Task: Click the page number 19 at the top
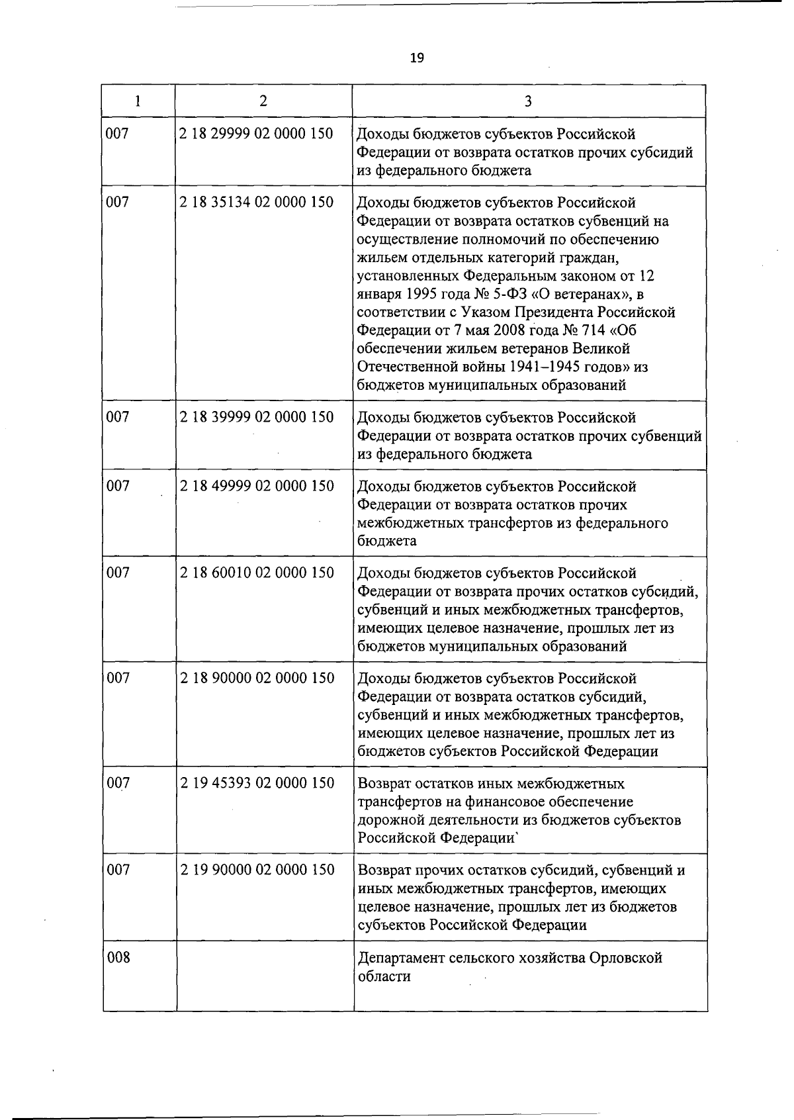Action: tap(417, 58)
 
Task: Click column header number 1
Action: tap(138, 101)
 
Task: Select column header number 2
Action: tap(263, 101)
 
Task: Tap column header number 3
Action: tap(528, 101)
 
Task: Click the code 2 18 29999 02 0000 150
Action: tap(256, 134)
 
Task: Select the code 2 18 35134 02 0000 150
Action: tap(256, 203)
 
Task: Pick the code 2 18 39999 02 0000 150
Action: tap(257, 417)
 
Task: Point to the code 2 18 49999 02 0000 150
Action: tap(257, 486)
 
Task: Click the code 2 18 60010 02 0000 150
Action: tap(257, 573)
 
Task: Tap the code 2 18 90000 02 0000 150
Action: tap(257, 678)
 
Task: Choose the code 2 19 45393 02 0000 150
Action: tap(257, 783)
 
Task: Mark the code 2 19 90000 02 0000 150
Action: tap(257, 870)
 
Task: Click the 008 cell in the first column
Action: tap(118, 957)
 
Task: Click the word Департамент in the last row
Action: tap(401, 958)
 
